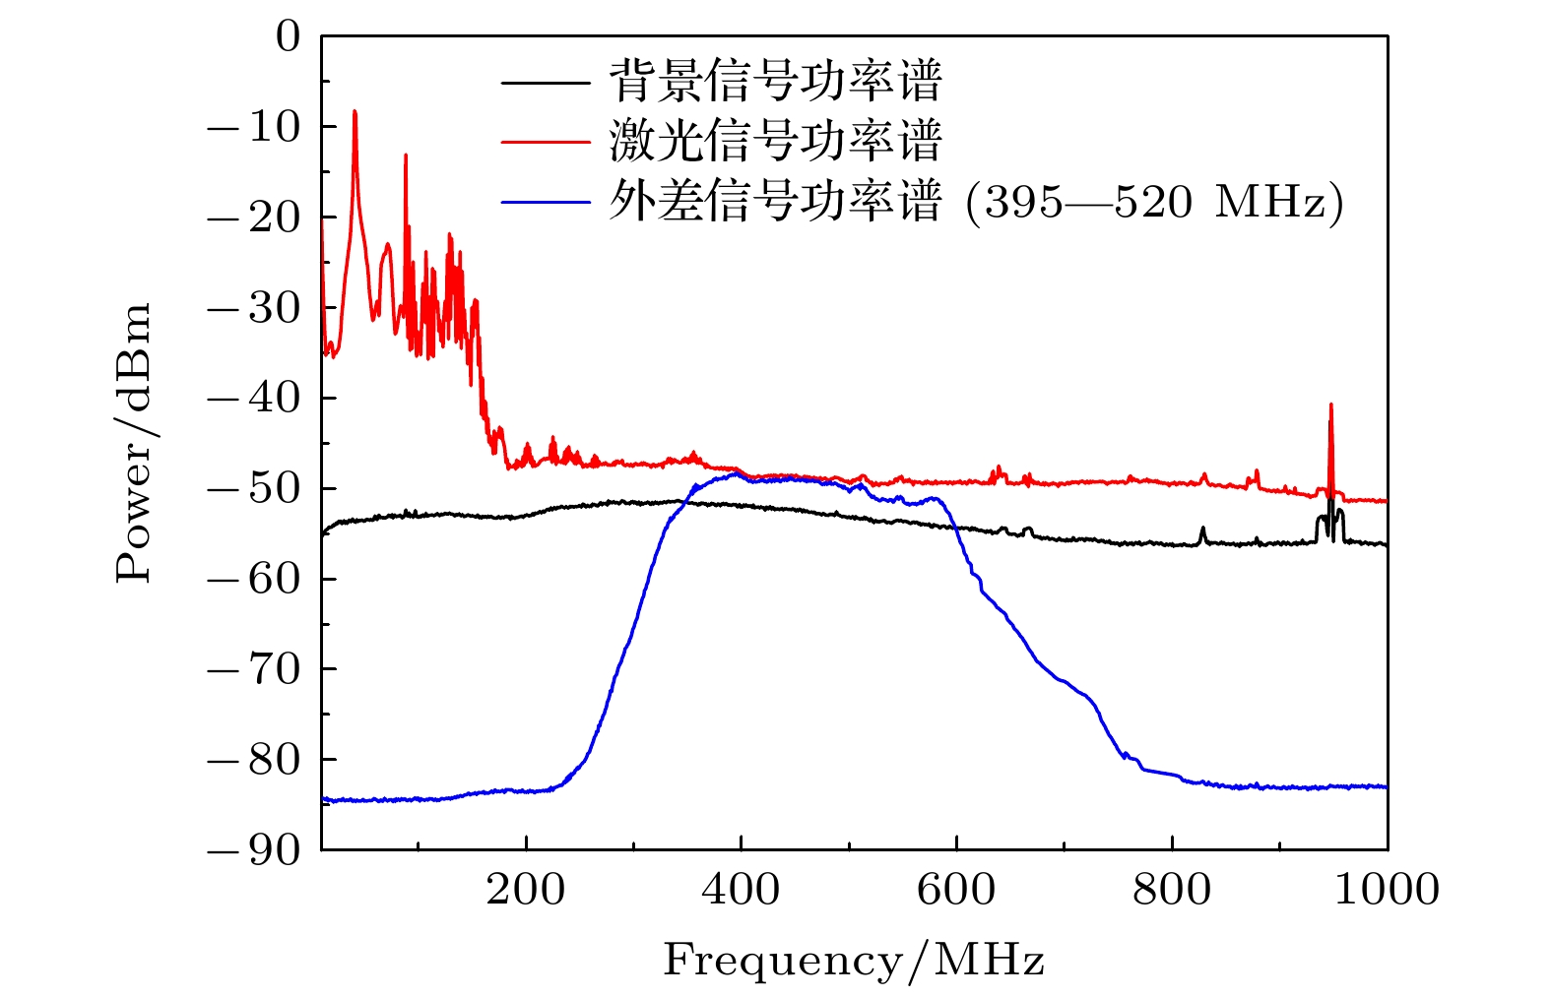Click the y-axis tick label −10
[x=253, y=127]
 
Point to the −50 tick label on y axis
[x=253, y=489]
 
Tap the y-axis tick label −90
[x=253, y=850]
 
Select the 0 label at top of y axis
[x=288, y=37]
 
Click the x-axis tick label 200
[x=526, y=891]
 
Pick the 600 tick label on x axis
[x=956, y=891]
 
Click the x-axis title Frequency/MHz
[x=853, y=960]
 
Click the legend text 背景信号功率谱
[x=776, y=81]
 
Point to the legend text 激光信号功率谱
[x=776, y=141]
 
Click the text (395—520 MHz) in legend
[x=1154, y=203]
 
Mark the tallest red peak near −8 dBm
[x=355, y=113]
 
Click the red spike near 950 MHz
[x=1330, y=406]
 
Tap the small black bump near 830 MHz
[x=1202, y=530]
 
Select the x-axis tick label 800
[x=1172, y=891]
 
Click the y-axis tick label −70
[x=253, y=670]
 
